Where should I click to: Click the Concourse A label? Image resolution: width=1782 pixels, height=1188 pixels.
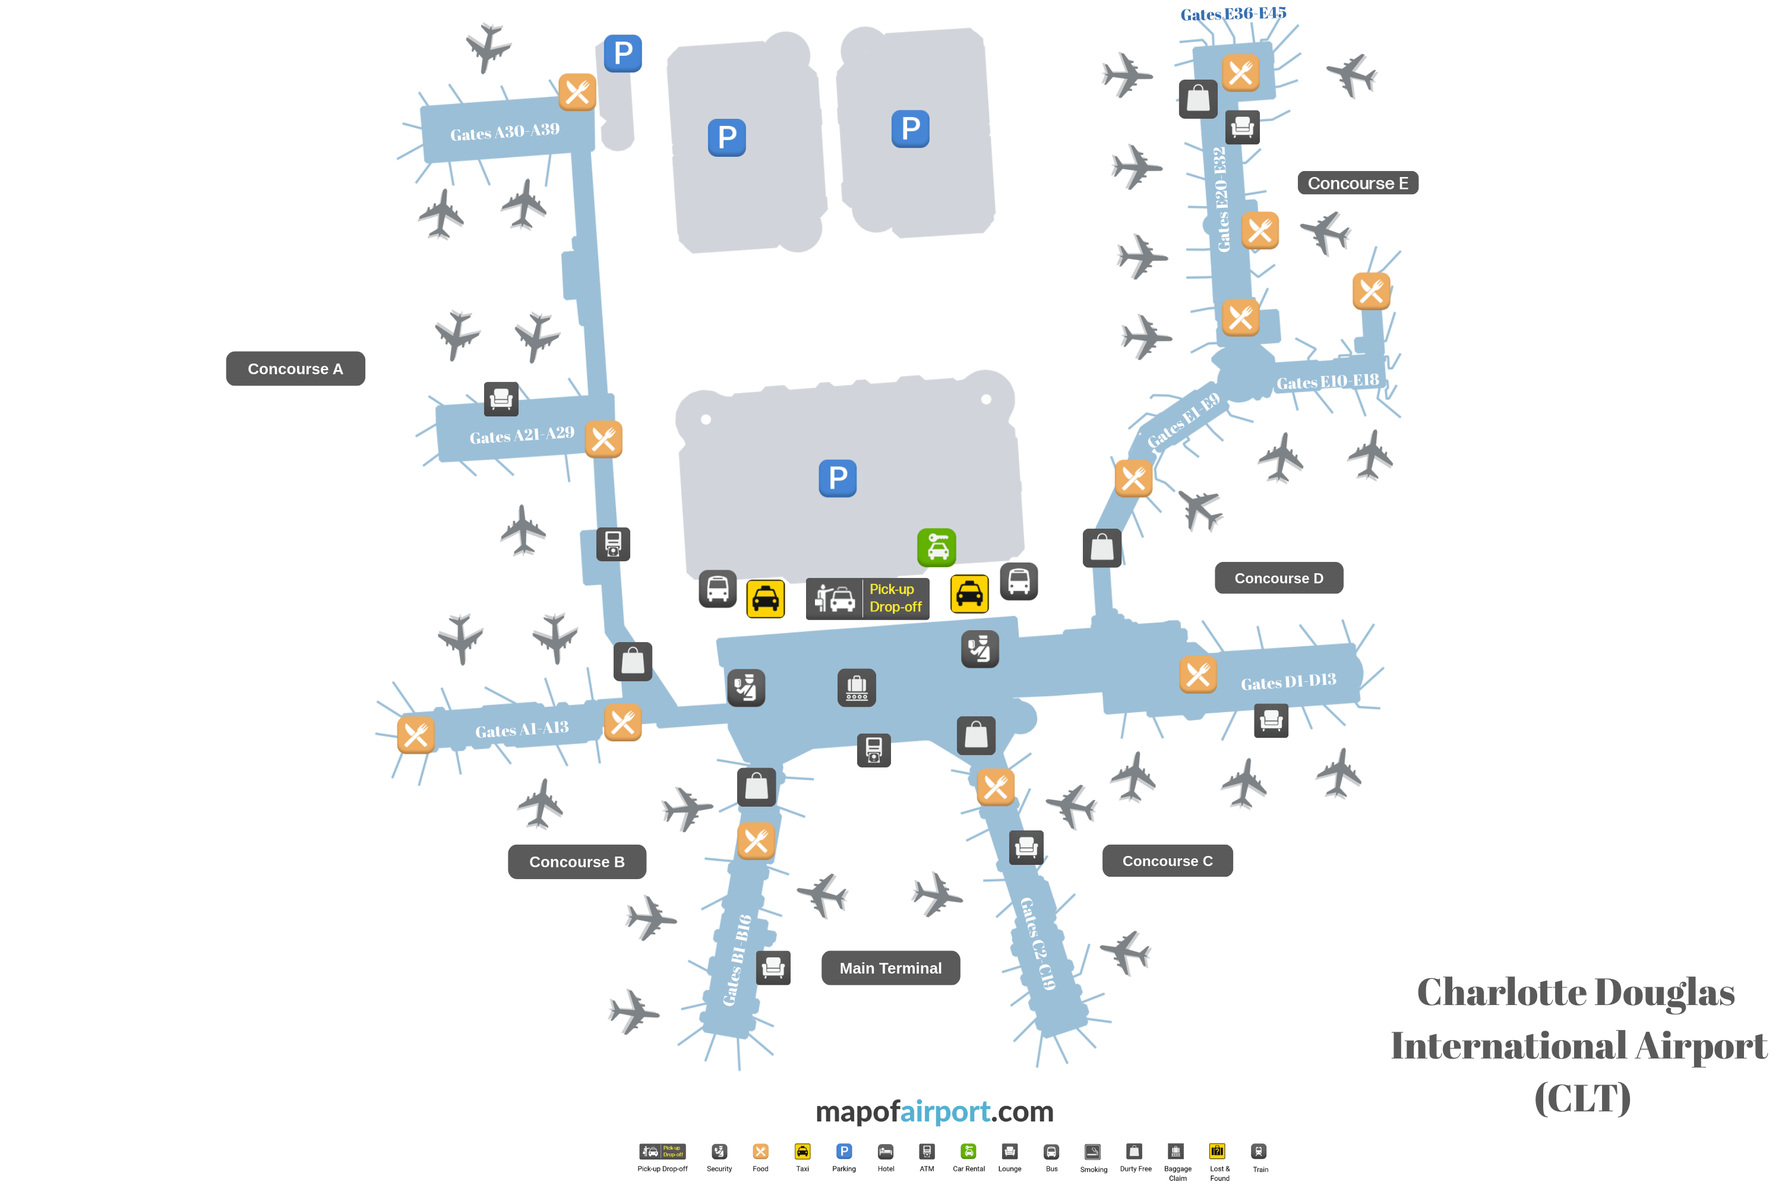click(295, 369)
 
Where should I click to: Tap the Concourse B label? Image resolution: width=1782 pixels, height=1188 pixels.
click(577, 862)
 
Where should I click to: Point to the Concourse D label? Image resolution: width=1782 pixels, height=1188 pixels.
click(1278, 578)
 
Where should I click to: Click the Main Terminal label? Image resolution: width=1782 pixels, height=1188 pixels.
click(890, 968)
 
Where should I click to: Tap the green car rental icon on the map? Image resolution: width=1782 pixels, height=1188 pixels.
click(937, 548)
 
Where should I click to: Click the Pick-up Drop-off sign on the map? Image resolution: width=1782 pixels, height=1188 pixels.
click(867, 599)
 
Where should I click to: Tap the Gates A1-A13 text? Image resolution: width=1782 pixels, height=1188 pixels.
click(522, 729)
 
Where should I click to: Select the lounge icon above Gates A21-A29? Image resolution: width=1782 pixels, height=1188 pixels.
click(501, 399)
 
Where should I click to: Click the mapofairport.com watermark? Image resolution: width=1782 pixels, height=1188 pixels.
click(934, 1111)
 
